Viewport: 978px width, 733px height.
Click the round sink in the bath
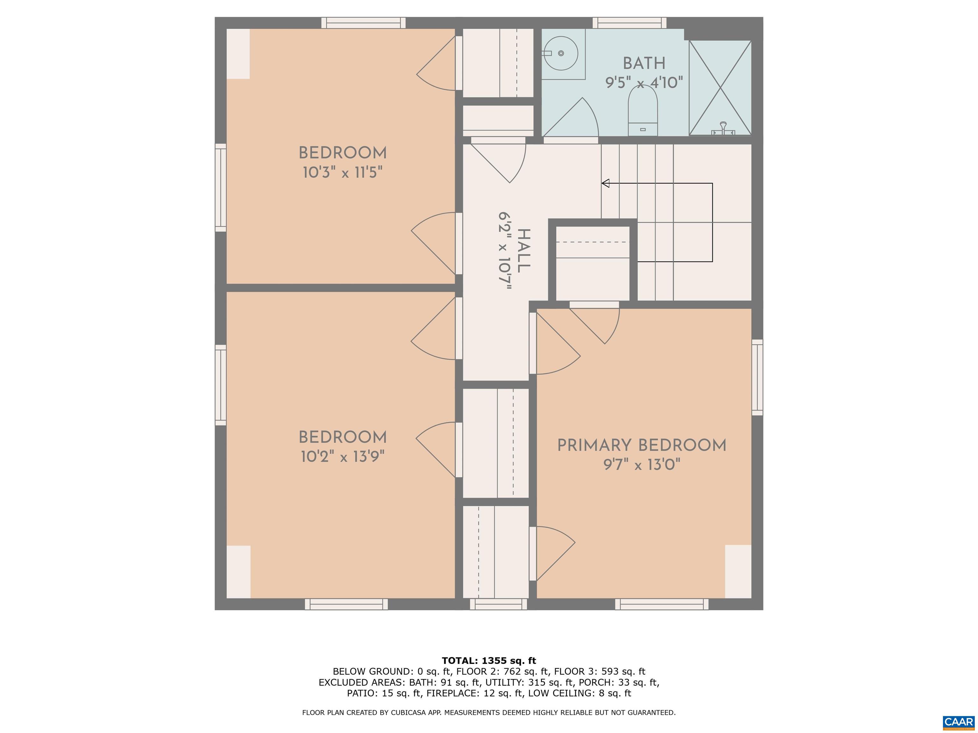click(x=560, y=53)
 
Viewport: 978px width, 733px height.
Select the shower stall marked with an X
click(x=720, y=87)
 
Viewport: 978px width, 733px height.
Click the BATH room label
click(x=644, y=64)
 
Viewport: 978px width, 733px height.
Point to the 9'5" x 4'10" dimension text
click(x=644, y=83)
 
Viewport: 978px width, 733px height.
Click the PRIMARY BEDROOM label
click(x=641, y=445)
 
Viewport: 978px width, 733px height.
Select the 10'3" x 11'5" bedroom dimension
click(x=343, y=172)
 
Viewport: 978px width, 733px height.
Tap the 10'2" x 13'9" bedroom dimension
click(x=343, y=457)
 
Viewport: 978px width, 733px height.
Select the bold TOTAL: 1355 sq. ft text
click(x=489, y=660)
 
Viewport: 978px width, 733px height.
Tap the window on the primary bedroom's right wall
click(x=757, y=377)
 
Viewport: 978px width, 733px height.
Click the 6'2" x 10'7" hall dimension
click(x=505, y=250)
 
